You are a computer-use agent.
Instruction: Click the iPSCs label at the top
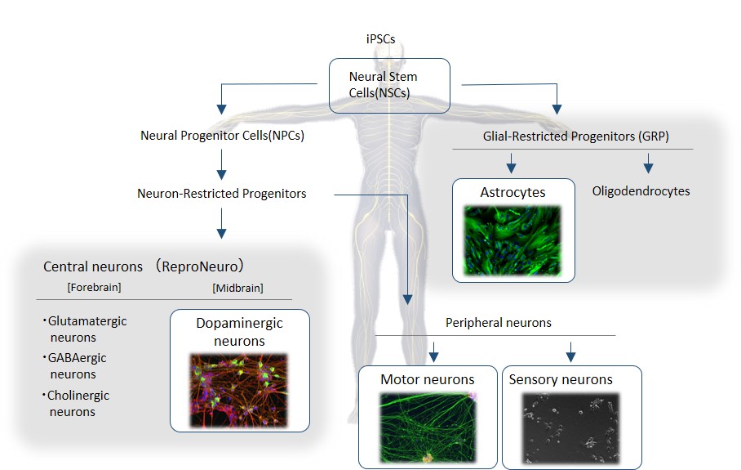pos(381,38)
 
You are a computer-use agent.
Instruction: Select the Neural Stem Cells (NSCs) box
pos(389,85)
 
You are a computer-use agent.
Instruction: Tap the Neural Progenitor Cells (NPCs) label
pos(222,136)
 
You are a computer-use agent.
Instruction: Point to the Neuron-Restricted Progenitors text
pos(222,194)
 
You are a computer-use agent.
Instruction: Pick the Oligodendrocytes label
pos(641,191)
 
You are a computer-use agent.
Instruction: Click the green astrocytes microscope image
pos(512,239)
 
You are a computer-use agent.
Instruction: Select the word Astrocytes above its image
pos(512,193)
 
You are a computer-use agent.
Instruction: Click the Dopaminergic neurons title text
pos(240,331)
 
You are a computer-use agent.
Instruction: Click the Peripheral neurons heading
pos(498,323)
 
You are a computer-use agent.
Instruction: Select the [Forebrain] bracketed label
pos(74,287)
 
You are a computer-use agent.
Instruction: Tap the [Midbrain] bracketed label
pos(237,287)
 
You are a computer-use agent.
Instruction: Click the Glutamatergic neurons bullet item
pos(85,329)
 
